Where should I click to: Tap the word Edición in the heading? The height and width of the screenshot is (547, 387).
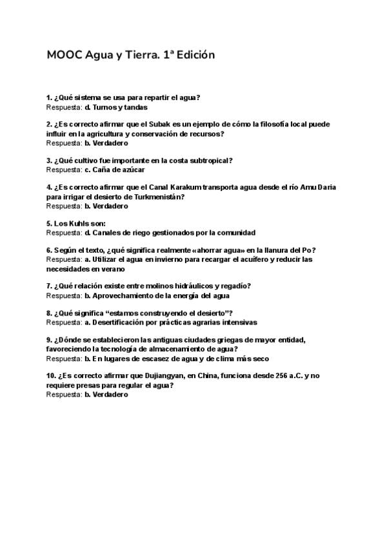pos(193,55)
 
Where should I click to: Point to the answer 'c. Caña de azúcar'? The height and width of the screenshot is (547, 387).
pos(115,170)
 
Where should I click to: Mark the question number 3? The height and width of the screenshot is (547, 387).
pos(49,161)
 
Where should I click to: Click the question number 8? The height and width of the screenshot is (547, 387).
pos(49,313)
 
